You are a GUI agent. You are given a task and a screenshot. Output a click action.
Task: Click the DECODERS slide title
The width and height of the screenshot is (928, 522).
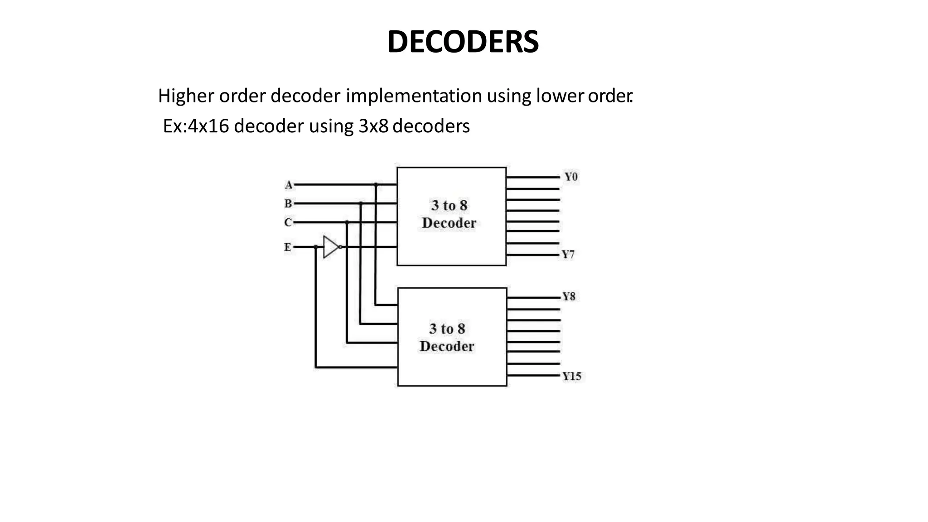click(463, 42)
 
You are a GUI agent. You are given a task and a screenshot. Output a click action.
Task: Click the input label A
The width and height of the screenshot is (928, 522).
click(289, 185)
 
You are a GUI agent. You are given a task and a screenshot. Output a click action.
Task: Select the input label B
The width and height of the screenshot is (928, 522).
click(288, 204)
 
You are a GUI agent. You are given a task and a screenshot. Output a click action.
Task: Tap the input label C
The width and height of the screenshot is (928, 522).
click(288, 222)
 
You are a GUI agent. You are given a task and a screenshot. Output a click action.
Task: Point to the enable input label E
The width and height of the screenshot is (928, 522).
click(288, 247)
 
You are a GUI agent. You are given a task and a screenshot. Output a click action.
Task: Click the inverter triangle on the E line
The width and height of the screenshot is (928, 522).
click(331, 247)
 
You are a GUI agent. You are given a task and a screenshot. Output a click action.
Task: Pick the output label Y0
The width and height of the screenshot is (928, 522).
click(570, 177)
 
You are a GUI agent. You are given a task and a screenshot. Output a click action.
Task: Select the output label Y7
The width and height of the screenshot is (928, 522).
click(568, 255)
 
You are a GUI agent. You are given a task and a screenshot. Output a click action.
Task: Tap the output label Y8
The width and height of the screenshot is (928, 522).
click(569, 297)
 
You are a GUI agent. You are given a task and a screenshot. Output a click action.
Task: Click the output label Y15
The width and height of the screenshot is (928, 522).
click(571, 377)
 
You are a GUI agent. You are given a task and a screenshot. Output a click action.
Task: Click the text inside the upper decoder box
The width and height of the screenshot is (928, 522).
click(449, 214)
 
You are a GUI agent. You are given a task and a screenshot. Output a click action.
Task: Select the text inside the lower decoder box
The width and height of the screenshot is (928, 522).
click(447, 338)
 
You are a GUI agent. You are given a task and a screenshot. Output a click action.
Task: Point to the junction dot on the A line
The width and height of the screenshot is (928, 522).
click(376, 184)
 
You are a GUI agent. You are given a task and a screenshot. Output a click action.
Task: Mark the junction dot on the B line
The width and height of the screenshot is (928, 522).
click(361, 203)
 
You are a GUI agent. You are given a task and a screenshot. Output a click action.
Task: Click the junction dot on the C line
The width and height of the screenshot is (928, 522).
click(347, 222)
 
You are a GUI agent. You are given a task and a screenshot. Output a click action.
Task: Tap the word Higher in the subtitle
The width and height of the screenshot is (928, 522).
click(186, 96)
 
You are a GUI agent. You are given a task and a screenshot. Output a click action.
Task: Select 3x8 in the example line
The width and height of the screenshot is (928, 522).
click(373, 126)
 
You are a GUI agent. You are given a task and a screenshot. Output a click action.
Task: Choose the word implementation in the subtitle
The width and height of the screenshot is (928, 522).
click(414, 96)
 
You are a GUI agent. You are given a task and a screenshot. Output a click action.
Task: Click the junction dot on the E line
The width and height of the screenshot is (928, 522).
click(316, 247)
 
